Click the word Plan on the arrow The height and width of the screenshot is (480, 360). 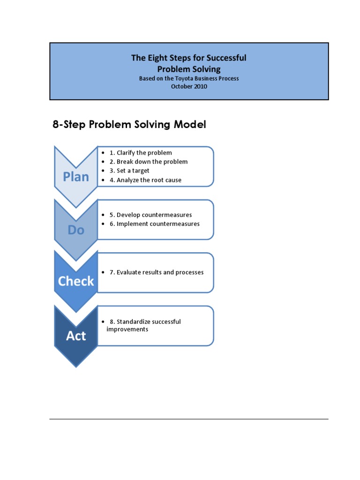[76, 177]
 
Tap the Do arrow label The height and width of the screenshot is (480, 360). [76, 230]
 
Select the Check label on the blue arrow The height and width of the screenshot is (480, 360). [76, 281]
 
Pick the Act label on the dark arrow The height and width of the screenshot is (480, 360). [76, 336]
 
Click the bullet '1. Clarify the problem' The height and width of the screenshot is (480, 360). [141, 153]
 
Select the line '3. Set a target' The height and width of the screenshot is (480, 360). [129, 171]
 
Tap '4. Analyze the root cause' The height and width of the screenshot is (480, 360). [145, 180]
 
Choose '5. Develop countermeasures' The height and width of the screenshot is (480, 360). [150, 215]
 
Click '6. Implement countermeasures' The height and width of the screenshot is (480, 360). [154, 224]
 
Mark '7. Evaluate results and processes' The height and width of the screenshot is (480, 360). [157, 272]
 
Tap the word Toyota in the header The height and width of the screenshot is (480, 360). [182, 78]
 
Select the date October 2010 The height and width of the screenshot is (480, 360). [189, 86]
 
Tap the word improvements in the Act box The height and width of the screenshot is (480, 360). [127, 330]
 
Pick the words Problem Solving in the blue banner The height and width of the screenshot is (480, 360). [188, 68]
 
